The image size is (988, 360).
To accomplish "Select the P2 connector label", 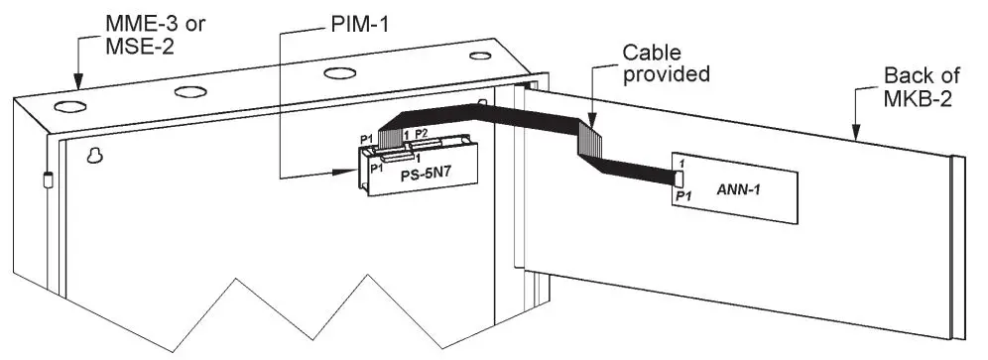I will [422, 132].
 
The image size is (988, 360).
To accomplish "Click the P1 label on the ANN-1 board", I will [682, 198].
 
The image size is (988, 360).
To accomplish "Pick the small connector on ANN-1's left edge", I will [679, 180].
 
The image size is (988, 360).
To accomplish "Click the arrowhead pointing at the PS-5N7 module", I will [351, 178].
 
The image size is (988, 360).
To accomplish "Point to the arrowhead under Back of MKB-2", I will [852, 129].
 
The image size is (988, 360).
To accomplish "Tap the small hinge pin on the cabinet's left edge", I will [46, 180].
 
